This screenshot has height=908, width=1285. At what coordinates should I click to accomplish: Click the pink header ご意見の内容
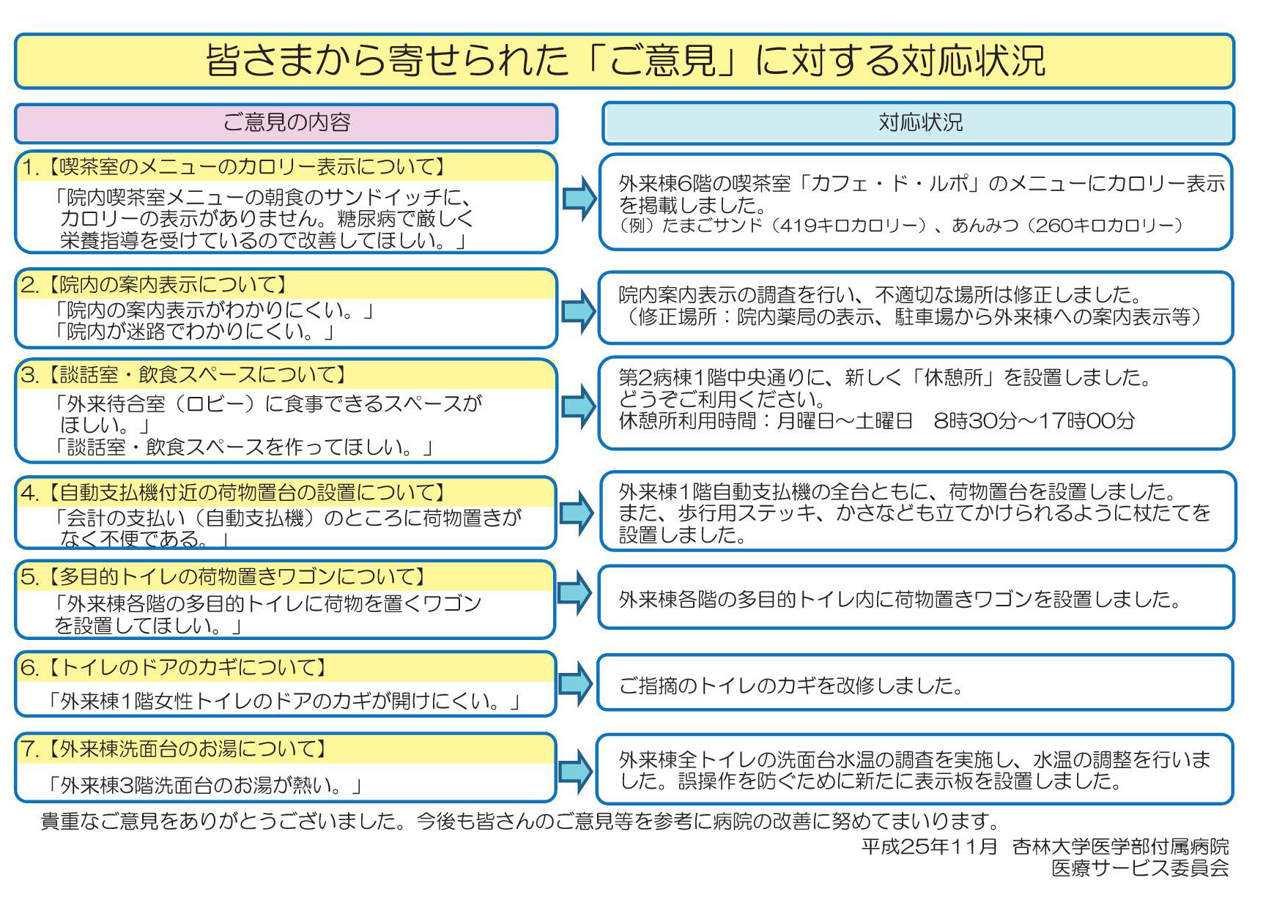286,123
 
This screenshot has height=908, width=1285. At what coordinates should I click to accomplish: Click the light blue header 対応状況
918,123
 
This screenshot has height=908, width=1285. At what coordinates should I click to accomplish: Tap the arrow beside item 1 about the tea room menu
579,198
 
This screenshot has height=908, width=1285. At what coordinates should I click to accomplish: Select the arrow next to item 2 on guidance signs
579,310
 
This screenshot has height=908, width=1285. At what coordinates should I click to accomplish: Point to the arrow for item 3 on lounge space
579,406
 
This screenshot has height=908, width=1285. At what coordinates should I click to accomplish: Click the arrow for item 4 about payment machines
577,512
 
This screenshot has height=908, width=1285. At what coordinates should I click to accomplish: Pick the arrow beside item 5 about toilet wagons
575,592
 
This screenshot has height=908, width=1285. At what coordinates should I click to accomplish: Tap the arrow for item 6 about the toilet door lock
576,683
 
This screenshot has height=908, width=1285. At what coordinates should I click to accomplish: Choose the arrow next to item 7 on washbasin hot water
576,770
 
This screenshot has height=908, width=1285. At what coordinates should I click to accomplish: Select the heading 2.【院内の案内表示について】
154,284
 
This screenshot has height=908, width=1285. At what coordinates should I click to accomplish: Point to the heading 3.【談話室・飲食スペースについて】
184,375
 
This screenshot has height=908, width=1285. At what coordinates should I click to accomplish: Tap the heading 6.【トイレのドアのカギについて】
174,667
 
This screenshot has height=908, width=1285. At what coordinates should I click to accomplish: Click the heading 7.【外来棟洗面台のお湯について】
174,749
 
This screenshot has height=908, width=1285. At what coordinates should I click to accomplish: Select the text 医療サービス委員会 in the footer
1141,868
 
